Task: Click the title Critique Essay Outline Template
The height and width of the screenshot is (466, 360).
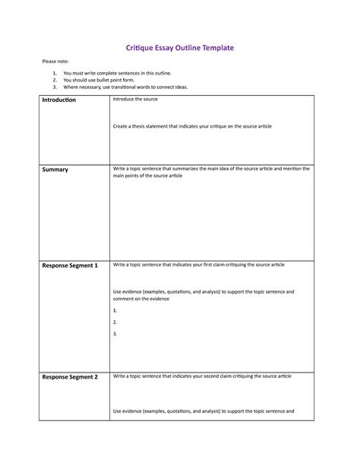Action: [x=179, y=47]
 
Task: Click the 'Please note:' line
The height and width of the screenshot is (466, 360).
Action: [x=55, y=61]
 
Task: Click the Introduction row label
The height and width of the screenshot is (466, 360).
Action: [x=59, y=100]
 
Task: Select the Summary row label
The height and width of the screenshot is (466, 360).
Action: [x=55, y=170]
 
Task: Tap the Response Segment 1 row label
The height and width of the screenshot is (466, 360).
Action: [x=70, y=265]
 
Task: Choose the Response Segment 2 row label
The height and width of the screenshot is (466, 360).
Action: [x=70, y=377]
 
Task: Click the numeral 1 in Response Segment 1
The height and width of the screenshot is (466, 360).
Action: [x=115, y=310]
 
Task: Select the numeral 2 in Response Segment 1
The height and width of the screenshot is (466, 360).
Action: [x=115, y=322]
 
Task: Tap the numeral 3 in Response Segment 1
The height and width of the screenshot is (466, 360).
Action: [x=115, y=334]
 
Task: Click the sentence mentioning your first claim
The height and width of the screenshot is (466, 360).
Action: [x=199, y=265]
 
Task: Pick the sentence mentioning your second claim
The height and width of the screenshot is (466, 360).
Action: [x=202, y=376]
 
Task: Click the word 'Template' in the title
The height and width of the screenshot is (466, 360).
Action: [x=212, y=47]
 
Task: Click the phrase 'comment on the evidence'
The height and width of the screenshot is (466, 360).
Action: [x=141, y=299]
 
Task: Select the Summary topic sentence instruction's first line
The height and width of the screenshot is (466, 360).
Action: [x=211, y=169]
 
